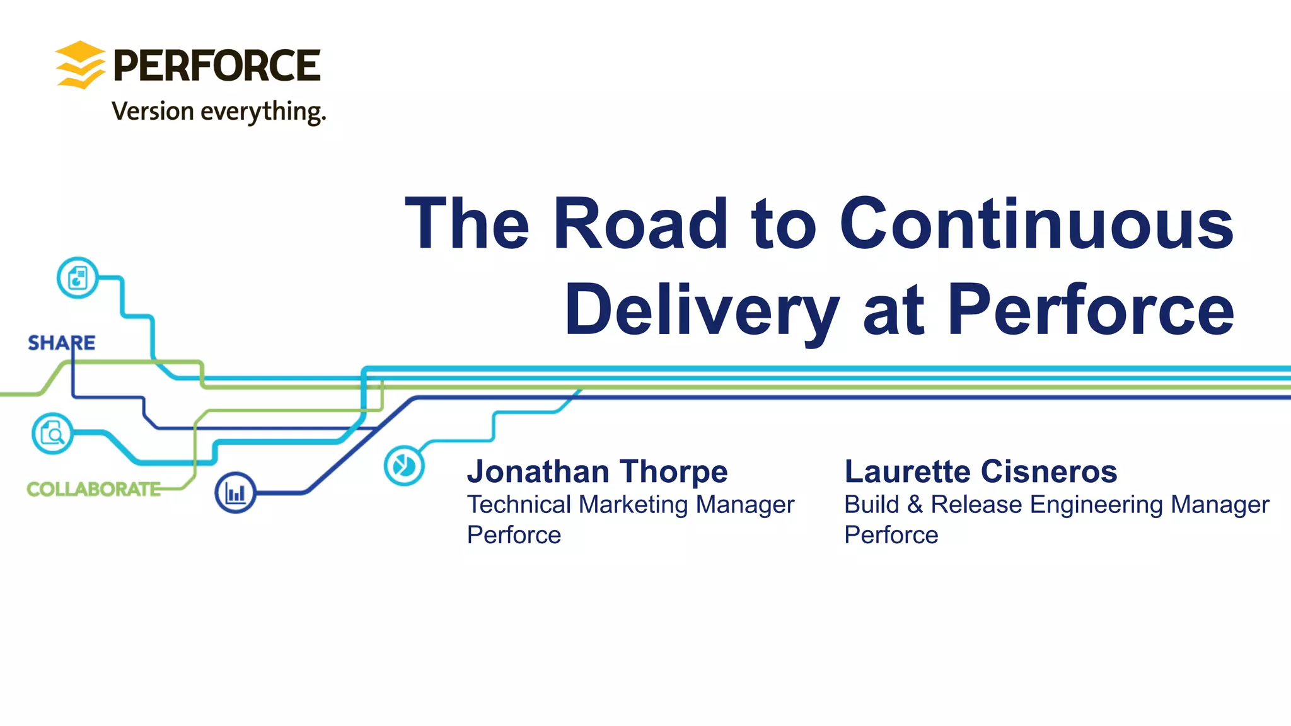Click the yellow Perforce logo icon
(80, 65)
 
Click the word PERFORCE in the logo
(217, 66)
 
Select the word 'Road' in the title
(640, 224)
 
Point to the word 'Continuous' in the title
(1036, 224)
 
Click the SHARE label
(61, 343)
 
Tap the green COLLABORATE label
(93, 489)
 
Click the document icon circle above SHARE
(78, 278)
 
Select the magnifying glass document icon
(52, 434)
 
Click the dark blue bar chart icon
(235, 493)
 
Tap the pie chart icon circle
(404, 466)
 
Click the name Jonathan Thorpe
(597, 471)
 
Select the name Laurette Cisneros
(980, 471)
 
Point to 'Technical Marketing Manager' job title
(630, 505)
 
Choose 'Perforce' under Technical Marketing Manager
(514, 535)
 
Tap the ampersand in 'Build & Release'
(915, 505)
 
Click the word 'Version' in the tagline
(153, 112)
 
